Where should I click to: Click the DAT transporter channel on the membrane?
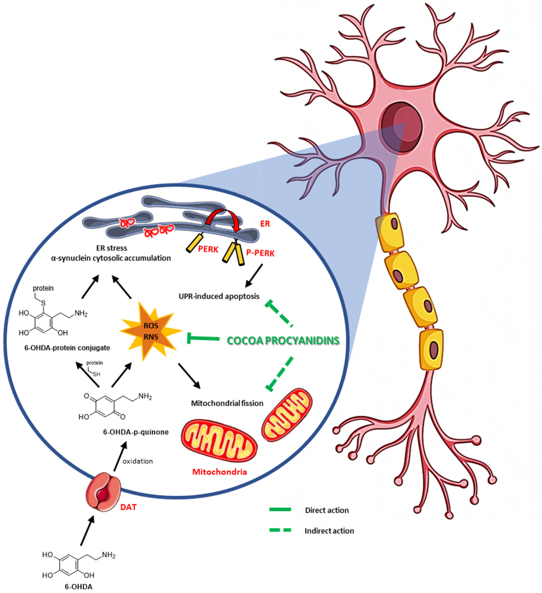(x=103, y=491)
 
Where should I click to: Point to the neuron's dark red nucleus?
(x=402, y=127)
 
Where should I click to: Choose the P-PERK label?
(x=260, y=253)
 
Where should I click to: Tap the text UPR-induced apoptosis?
(x=219, y=296)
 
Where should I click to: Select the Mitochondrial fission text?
(x=227, y=403)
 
